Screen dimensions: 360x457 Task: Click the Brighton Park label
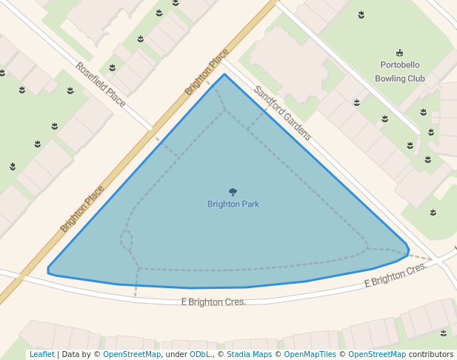233,204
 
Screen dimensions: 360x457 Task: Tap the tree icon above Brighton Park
233,192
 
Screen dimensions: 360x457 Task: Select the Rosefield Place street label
100,84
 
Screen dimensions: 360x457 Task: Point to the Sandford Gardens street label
282,113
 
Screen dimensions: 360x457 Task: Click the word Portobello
399,64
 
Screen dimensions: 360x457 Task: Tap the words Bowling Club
399,78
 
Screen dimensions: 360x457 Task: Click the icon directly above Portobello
400,53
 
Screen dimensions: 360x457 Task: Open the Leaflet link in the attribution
41,354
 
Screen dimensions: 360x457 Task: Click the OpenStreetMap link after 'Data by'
131,354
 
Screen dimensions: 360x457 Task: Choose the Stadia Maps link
248,354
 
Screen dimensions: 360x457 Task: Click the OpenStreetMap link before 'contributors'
377,354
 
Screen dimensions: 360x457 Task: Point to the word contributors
431,354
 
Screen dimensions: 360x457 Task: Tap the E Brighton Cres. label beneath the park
213,301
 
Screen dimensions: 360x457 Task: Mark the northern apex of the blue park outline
224,74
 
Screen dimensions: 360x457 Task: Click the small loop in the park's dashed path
127,239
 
